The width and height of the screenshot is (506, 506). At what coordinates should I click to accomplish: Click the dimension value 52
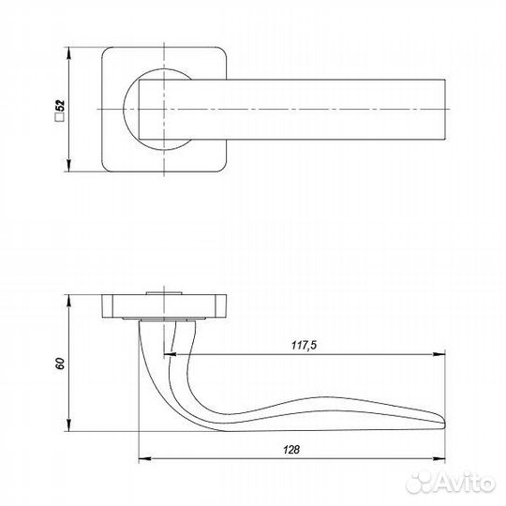coord(60,106)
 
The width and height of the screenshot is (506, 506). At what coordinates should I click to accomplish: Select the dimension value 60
coord(60,363)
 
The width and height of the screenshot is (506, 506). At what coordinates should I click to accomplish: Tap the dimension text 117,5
coord(305,345)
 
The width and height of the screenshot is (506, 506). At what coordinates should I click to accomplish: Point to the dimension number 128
coord(291,450)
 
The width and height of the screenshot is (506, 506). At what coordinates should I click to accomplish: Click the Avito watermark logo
coord(451,483)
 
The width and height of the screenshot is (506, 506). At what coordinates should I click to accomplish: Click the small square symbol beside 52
coord(60,118)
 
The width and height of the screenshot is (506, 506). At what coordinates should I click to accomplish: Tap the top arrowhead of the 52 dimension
coord(68,53)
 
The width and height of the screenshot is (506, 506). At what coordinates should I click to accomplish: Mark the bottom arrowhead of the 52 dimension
coord(68,166)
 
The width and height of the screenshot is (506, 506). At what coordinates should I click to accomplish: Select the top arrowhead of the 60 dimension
coord(68,301)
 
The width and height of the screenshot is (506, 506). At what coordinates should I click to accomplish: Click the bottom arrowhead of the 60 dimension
coord(68,424)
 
